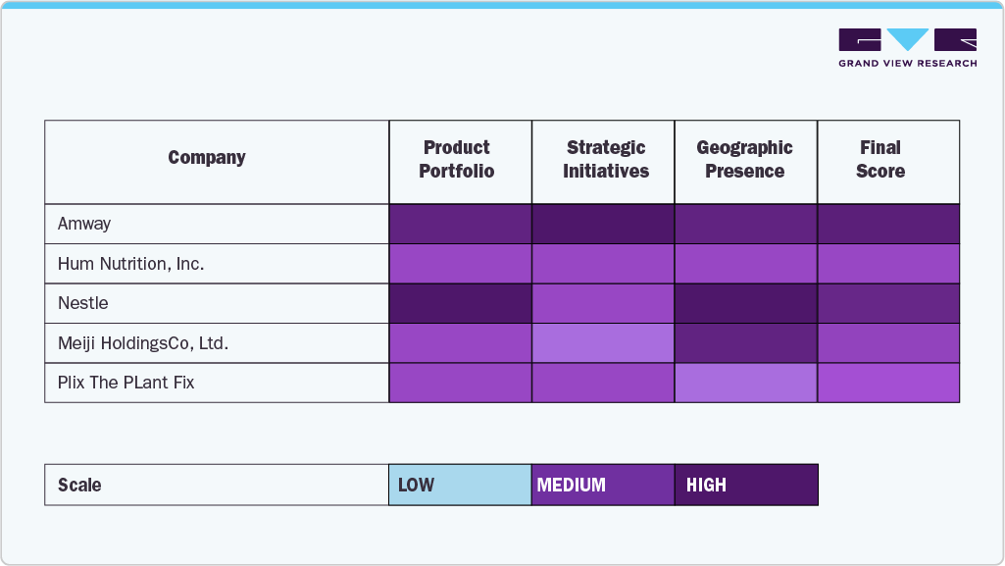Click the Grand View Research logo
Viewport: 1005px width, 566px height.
coord(907,47)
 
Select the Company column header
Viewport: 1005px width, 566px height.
coord(207,158)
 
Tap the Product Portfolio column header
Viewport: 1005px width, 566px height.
coord(457,160)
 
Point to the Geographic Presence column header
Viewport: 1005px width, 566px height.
coord(744,160)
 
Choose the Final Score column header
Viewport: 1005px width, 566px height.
coord(879,160)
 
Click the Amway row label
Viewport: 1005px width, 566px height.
coord(84,224)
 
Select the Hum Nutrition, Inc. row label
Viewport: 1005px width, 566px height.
coord(130,264)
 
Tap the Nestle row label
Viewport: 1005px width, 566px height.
coord(82,303)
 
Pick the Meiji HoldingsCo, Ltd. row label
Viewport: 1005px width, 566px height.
coord(142,343)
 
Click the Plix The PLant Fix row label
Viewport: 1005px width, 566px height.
coord(126,383)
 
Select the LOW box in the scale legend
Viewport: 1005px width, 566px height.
coord(460,485)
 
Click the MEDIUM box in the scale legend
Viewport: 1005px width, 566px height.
coord(603,485)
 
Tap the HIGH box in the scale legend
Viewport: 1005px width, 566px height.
coord(746,485)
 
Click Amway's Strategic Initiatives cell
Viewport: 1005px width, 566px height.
coord(603,224)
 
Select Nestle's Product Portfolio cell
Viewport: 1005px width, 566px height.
coord(460,303)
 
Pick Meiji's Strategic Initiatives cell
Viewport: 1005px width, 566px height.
coord(603,343)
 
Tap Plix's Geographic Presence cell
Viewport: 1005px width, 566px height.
coord(746,383)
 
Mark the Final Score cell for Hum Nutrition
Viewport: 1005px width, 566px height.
coord(888,264)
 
